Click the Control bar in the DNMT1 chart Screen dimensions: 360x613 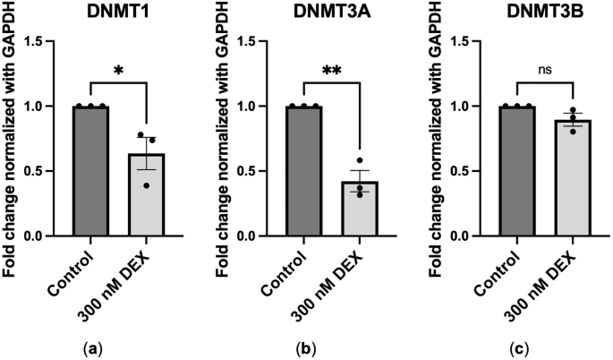tap(91, 171)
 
